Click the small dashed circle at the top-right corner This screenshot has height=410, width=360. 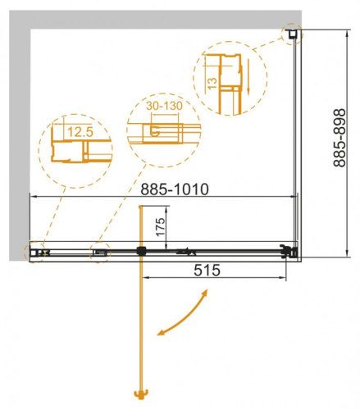click(292, 34)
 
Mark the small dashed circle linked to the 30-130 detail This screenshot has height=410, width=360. click(100, 253)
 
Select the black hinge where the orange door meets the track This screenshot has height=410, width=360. click(143, 251)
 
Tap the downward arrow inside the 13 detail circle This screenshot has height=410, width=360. click(245, 89)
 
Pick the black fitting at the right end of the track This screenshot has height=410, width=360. click(286, 252)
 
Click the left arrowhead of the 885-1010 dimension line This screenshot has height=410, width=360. click(32, 197)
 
